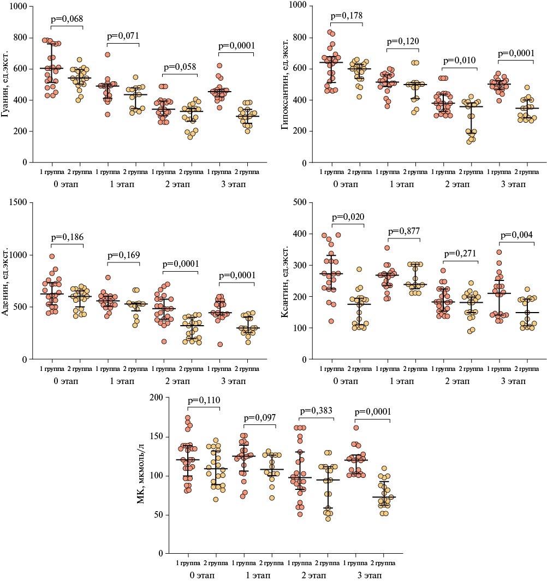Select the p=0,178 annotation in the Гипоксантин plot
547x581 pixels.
345,16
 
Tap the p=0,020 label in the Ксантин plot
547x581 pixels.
347,217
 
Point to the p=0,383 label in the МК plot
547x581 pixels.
317,410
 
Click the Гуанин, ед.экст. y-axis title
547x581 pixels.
8,85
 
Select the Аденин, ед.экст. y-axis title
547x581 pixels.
8,281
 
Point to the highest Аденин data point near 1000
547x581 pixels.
52,256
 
